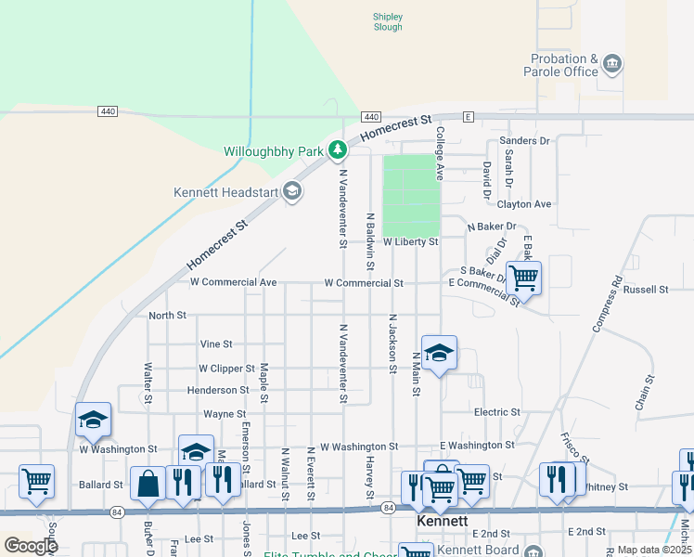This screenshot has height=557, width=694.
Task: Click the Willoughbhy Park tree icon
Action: pos(339,149)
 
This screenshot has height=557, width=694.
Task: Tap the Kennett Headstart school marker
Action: pos(292,192)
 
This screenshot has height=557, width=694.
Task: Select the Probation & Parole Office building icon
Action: pos(611,64)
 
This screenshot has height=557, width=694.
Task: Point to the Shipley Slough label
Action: pos(388,21)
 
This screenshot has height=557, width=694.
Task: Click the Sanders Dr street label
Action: pos(524,141)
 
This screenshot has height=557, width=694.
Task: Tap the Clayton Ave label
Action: pos(524,204)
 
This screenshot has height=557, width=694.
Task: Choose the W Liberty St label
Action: pos(410,241)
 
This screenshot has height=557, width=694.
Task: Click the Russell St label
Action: pos(646,290)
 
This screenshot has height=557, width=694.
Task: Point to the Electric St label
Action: pos(496,411)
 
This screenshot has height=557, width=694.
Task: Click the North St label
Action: pos(168,316)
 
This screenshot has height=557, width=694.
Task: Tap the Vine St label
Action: pos(216,343)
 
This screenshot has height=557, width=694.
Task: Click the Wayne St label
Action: pos(225,414)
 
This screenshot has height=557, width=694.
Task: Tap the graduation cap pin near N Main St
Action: pos(439,353)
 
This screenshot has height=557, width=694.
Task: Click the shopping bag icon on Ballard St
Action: pos(148,483)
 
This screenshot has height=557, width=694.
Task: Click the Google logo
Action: pos(31,546)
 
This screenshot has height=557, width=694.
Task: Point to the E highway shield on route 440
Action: pos(469,117)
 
